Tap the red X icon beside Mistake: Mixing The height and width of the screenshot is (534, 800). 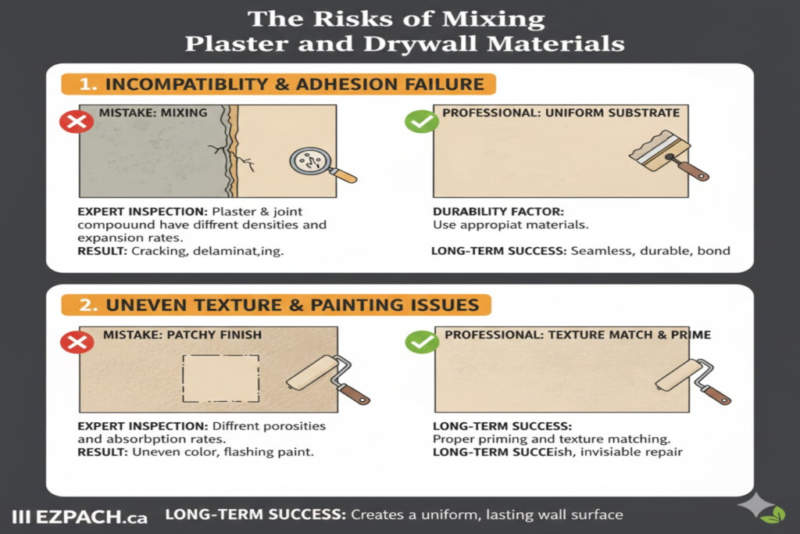[76, 121]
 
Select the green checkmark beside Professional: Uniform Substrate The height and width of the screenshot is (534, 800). [421, 121]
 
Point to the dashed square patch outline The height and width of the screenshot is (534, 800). [220, 379]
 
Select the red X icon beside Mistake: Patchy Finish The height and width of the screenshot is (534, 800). [76, 343]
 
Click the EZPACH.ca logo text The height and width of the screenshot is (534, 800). [82, 516]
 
